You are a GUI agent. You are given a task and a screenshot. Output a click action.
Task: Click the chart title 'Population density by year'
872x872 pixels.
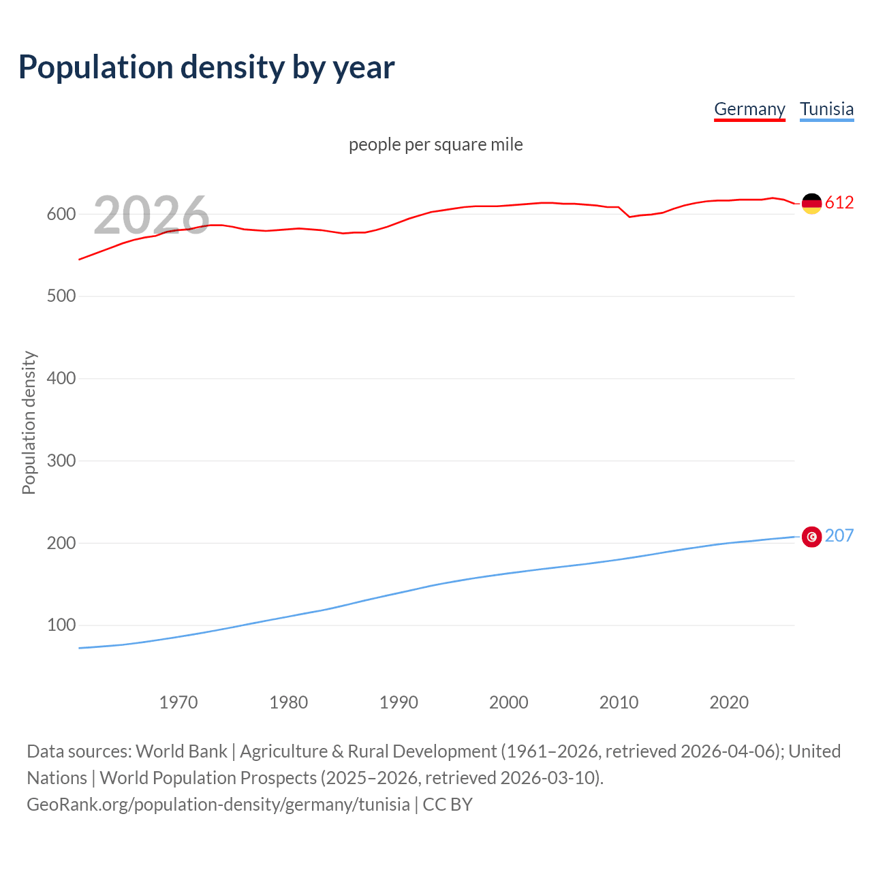pos(206,67)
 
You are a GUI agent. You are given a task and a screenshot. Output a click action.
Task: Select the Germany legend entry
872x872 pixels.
pos(749,109)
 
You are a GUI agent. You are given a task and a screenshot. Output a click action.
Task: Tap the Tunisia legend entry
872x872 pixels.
pos(826,109)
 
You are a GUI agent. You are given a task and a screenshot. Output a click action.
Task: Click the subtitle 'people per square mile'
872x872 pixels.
pos(436,144)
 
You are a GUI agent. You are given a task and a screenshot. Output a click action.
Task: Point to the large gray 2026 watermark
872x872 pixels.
pos(151,215)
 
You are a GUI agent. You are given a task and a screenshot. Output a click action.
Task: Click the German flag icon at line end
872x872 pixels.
pos(811,203)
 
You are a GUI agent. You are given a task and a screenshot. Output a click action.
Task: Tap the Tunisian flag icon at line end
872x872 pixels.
pos(811,537)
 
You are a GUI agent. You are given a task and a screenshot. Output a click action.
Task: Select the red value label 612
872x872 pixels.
pos(839,202)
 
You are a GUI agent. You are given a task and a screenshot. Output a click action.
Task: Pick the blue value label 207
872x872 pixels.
pos(839,535)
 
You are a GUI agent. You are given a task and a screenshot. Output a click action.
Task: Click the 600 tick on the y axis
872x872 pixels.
pos(61,214)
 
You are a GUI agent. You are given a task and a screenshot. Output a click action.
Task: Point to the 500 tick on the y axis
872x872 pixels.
pos(61,296)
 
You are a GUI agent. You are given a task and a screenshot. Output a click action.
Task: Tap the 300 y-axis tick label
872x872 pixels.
pos(61,461)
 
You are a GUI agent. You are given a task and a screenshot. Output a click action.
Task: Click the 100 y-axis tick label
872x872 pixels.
pos(61,625)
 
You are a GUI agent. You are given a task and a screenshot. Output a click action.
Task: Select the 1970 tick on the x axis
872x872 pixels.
pos(178,702)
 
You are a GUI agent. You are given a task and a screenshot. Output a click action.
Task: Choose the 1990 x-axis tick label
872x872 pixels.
pos(399,702)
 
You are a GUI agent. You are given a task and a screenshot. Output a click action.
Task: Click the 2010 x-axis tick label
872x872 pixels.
pos(619,702)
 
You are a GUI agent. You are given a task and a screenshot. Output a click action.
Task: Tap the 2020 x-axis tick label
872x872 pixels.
pos(729,702)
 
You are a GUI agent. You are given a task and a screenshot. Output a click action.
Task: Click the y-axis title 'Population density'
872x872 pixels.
pos(29,422)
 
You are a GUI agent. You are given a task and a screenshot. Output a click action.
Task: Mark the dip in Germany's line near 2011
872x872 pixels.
pos(629,217)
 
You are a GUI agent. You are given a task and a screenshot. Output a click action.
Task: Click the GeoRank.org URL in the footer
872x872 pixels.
pos(218,805)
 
